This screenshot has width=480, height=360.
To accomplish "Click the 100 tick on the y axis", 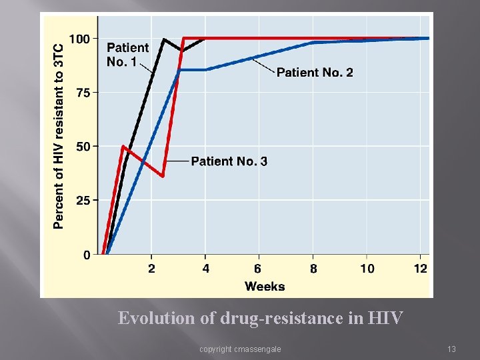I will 79,39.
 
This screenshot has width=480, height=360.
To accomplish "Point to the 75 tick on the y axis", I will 83,93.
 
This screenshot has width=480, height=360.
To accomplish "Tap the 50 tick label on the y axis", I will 83,146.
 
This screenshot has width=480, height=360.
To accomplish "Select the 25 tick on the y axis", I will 83,200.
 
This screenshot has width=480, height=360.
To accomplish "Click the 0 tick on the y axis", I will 87,255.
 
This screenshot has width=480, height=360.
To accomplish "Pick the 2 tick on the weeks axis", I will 151,269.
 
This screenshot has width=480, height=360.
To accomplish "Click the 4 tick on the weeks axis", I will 205,269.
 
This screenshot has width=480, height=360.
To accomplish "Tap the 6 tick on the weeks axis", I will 258,269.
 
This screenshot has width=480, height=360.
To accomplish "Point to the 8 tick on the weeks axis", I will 313,269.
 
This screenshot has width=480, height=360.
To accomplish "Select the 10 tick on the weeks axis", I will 367,269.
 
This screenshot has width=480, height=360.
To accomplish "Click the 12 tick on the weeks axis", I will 421,269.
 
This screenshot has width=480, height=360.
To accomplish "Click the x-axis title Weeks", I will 265,287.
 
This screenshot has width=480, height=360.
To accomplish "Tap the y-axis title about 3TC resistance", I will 59,137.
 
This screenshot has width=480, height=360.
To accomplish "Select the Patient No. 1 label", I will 127,54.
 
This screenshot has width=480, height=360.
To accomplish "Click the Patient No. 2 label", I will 315,72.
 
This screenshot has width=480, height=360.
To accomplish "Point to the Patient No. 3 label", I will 229,161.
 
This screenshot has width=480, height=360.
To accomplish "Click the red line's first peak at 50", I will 123,146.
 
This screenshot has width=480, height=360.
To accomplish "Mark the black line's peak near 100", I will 164,39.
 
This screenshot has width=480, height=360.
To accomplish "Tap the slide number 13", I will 451,349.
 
